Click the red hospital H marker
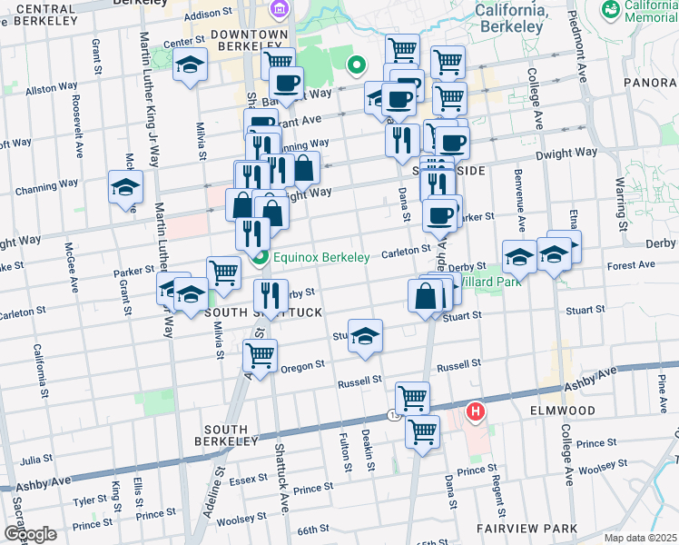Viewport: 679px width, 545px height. click(x=475, y=413)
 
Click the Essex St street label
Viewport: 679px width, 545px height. click(x=247, y=480)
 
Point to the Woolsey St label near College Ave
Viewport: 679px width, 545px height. click(x=597, y=469)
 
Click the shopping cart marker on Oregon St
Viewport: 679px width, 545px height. click(x=260, y=354)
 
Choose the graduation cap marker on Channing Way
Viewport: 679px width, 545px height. click(x=125, y=188)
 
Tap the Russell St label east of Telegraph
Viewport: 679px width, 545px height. click(x=458, y=364)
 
